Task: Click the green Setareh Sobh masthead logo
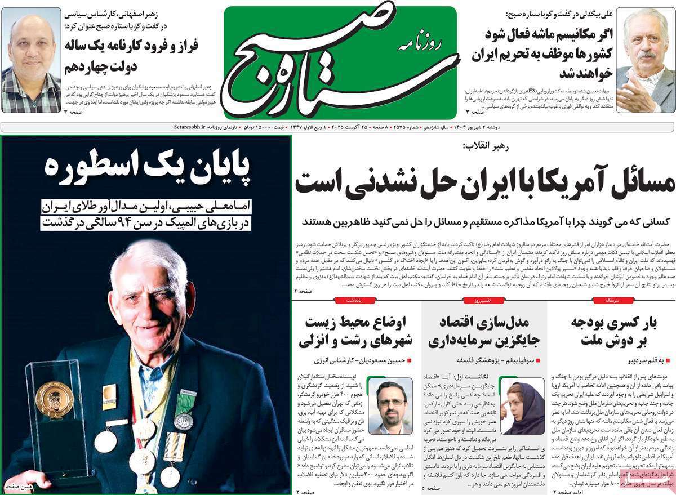pos(340,62)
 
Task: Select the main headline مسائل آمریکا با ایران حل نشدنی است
pos(484,181)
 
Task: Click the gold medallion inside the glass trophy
pos(54,399)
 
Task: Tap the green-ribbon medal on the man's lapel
pos(183,414)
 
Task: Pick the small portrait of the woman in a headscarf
pos(522,406)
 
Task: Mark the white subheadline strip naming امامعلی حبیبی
pos(147,215)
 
